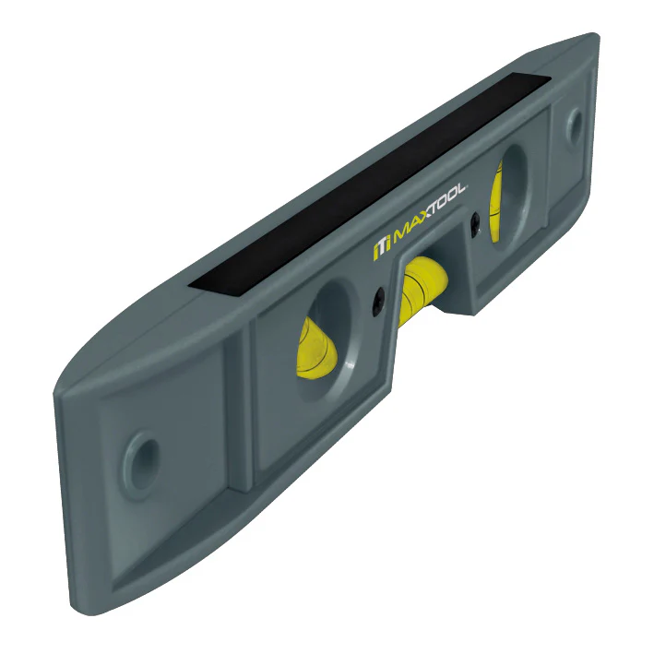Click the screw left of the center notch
(x=378, y=301)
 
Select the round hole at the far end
(x=574, y=124)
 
